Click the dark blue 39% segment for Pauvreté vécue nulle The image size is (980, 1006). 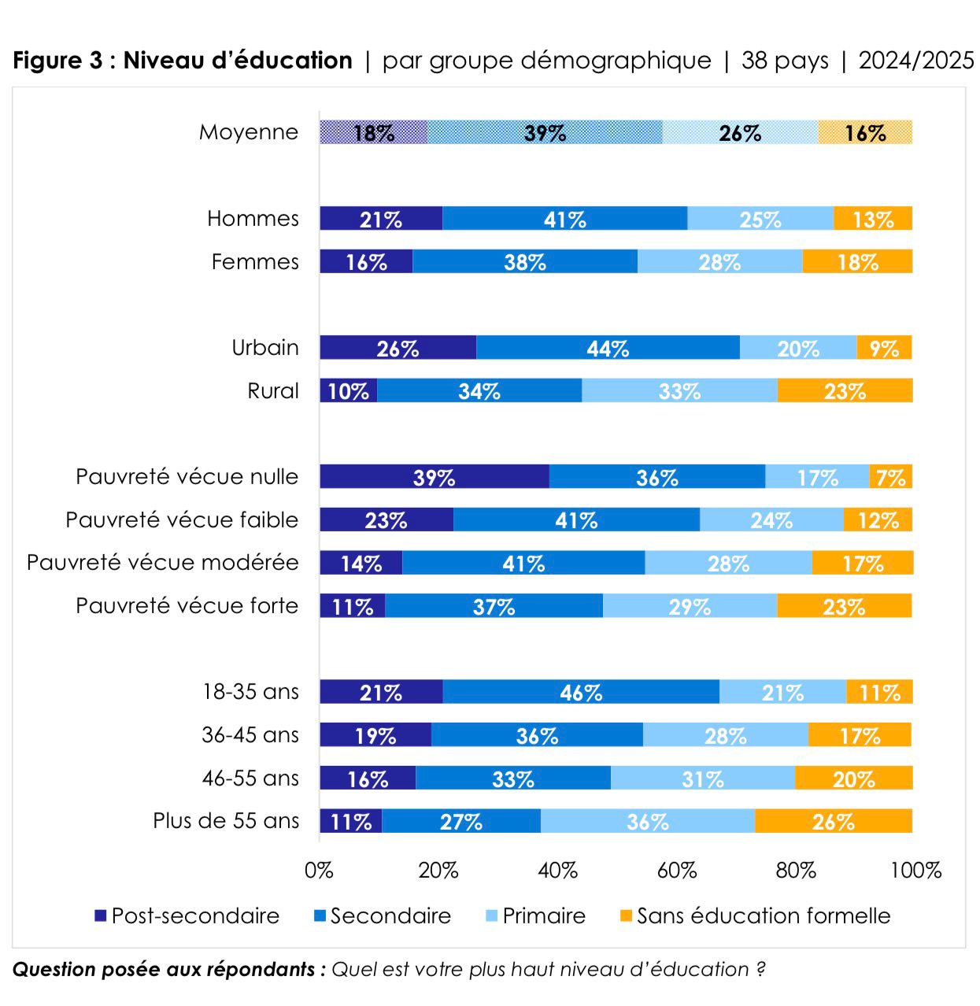434,477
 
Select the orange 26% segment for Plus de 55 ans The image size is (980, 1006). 833,821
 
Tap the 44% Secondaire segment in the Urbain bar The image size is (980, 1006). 608,348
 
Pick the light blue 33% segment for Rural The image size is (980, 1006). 679,391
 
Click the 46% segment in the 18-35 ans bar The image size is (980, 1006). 581,692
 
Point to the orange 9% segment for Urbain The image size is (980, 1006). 884,348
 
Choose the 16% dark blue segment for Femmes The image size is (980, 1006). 366,261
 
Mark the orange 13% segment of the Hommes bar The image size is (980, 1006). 873,219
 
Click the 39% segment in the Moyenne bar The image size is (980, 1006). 545,132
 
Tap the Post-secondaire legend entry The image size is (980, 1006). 187,915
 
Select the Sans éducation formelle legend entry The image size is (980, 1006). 755,915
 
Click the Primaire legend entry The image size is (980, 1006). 535,915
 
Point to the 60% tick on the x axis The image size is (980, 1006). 677,871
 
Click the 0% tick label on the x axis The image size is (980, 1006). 319,871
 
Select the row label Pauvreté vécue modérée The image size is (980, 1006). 163,563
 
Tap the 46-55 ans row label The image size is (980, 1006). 250,779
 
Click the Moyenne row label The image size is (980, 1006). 249,132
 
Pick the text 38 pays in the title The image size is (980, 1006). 785,61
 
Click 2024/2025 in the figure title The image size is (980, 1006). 916,61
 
